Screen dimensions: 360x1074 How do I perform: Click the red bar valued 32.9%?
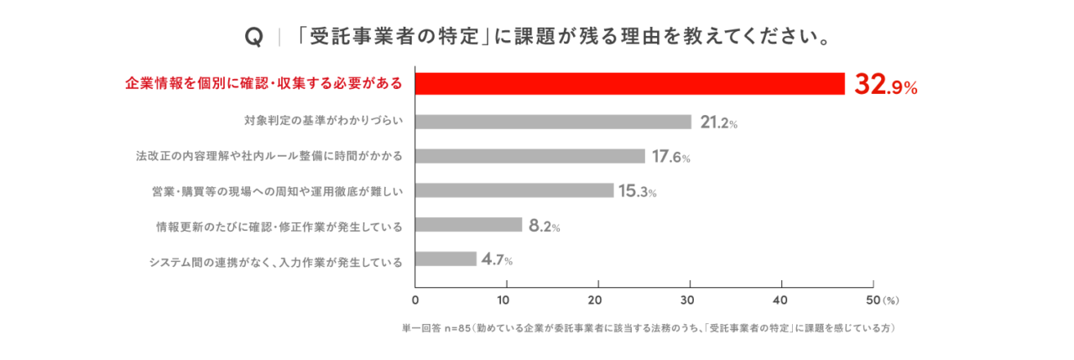[629, 84]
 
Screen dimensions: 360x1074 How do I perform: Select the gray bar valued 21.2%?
[553, 122]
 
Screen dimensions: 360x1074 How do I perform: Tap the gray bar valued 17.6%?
[530, 156]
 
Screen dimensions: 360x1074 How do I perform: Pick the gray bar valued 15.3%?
[514, 190]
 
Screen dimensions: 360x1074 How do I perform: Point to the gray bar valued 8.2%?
[468, 225]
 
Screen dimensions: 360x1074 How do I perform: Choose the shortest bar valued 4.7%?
[446, 259]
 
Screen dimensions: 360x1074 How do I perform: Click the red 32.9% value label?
[885, 85]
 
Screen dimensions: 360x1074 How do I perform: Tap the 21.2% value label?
[718, 123]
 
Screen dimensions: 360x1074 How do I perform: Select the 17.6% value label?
[672, 157]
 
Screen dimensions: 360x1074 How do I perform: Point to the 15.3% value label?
[637, 191]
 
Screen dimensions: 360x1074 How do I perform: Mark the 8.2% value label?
[544, 226]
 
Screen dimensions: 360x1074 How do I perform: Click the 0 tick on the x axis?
[415, 300]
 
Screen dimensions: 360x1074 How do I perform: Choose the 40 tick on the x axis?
[781, 300]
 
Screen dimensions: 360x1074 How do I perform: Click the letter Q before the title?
[253, 38]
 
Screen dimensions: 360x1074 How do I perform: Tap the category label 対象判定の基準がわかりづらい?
[324, 122]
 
